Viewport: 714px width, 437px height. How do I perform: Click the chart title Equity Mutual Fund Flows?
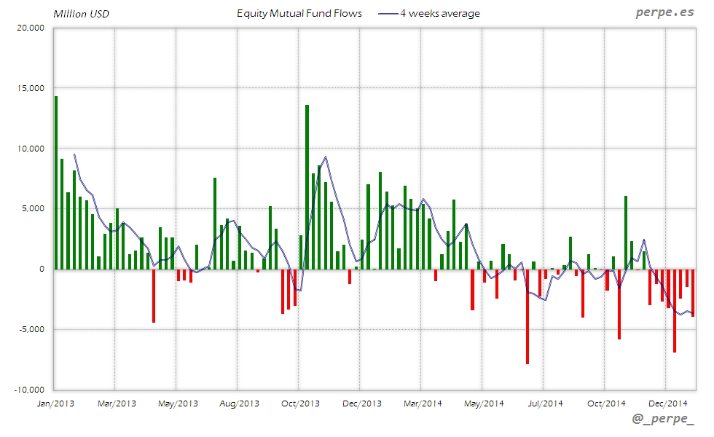(x=299, y=13)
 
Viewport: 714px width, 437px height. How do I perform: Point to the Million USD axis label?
(x=81, y=14)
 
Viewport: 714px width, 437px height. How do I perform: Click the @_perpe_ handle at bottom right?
(x=662, y=420)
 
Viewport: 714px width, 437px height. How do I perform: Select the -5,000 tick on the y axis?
(x=31, y=329)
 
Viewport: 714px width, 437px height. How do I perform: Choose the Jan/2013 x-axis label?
(x=55, y=403)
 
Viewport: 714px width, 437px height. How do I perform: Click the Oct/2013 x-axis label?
(x=300, y=403)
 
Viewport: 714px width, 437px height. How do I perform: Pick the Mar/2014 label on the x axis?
(x=423, y=403)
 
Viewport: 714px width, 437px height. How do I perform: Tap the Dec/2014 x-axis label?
(x=668, y=403)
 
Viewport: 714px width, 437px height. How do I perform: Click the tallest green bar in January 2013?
(x=56, y=182)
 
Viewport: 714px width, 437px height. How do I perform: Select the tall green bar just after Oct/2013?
(x=307, y=186)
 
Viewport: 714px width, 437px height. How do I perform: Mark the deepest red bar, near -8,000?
(x=527, y=316)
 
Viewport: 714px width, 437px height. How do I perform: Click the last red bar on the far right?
(x=693, y=292)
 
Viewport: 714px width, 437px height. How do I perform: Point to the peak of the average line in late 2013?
(x=325, y=157)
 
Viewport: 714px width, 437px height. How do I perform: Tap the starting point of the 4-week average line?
(x=74, y=154)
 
